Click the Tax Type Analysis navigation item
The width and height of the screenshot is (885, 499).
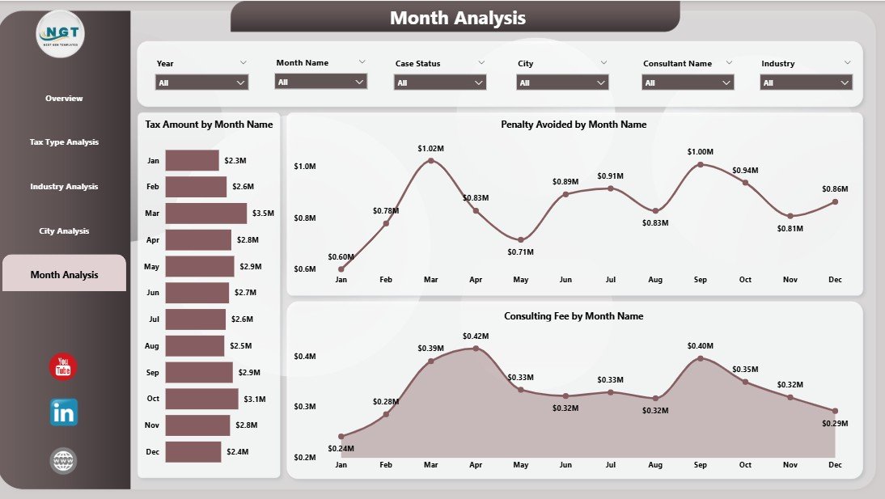[x=64, y=142]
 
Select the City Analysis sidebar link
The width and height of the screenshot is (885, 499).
[x=64, y=231]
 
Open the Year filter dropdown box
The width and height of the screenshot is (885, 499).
[x=201, y=82]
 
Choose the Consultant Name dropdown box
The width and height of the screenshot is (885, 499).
[x=688, y=82]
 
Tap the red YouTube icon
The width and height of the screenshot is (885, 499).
[x=63, y=367]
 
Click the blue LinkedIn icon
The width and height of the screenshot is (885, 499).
[x=64, y=412]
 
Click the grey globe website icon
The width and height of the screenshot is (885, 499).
[x=63, y=461]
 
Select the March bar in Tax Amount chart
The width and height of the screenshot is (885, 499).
[x=205, y=214]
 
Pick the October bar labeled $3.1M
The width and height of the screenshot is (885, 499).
[x=201, y=399]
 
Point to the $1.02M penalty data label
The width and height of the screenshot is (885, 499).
[x=430, y=149]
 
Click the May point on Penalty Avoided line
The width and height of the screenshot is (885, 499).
[x=521, y=240]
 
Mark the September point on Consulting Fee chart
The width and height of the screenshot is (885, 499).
[x=701, y=357]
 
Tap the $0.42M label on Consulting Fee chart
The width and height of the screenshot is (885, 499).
[x=476, y=336]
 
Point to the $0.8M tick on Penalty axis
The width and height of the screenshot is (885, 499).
[x=305, y=218]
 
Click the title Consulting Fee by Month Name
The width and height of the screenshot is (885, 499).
[x=574, y=316]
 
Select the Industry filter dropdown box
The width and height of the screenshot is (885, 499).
[x=807, y=82]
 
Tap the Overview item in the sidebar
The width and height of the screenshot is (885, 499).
[x=64, y=99]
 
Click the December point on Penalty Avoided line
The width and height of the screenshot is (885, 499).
[x=835, y=201]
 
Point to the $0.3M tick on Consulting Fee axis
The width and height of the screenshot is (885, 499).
[x=305, y=407]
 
